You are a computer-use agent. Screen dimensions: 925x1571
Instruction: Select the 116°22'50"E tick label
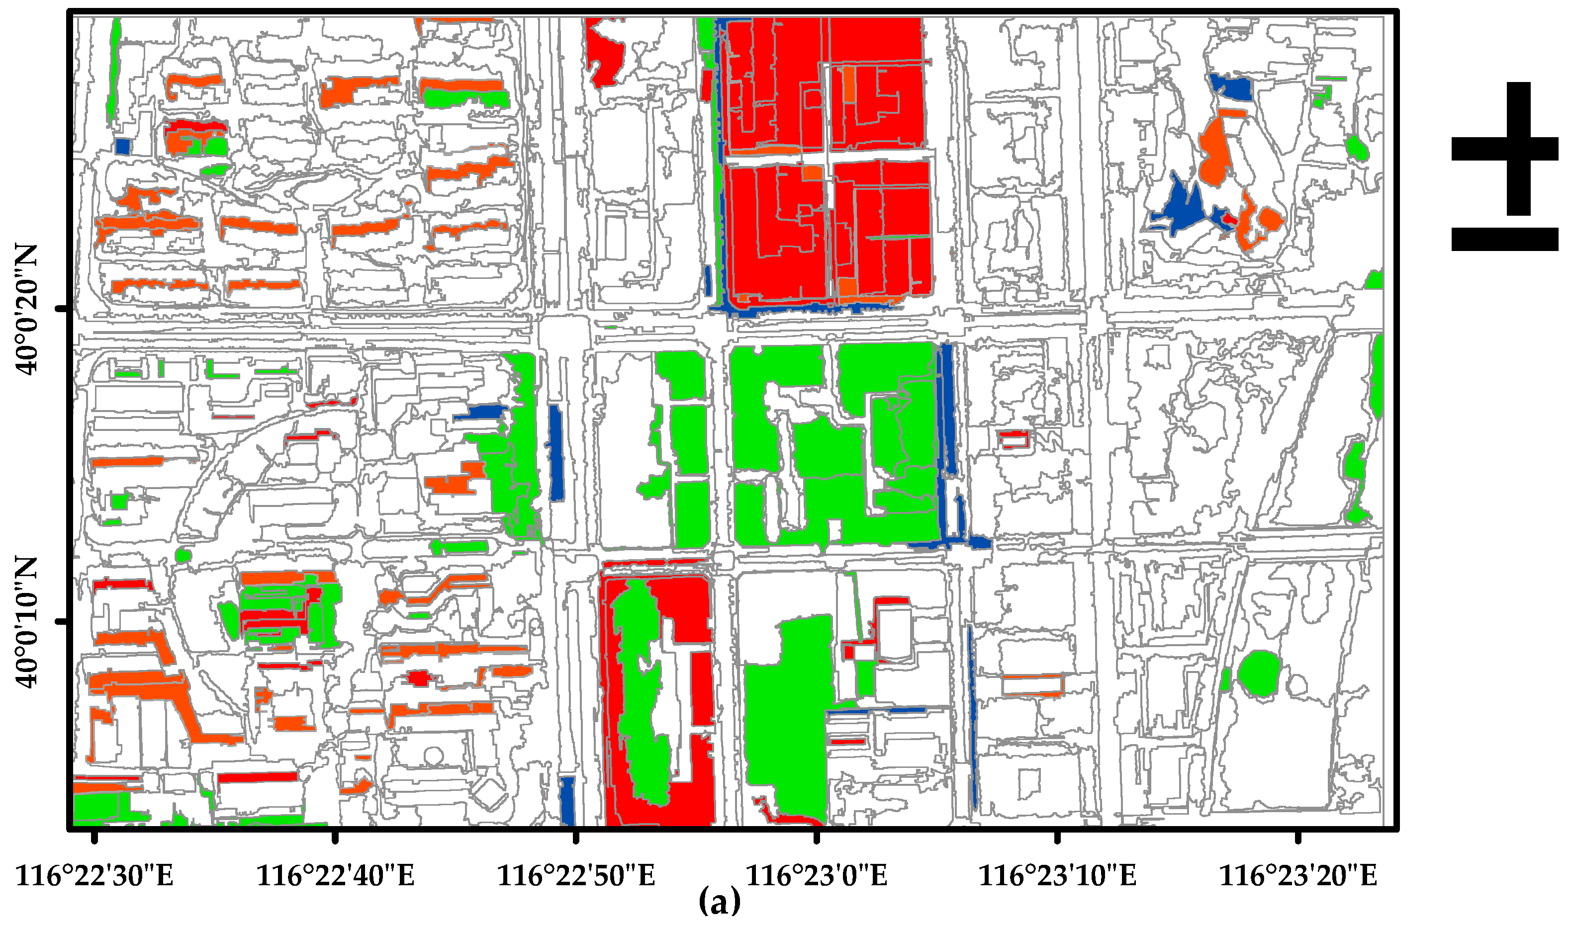(x=576, y=876)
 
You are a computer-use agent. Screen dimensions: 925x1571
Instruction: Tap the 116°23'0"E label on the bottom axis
(x=817, y=876)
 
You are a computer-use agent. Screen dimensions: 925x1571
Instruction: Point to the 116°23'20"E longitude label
(x=1298, y=876)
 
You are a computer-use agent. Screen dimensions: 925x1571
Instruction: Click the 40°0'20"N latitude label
(x=26, y=309)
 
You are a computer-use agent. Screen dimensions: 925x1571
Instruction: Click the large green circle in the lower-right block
(x=1259, y=673)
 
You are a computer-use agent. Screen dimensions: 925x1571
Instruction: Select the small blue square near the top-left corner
(x=123, y=147)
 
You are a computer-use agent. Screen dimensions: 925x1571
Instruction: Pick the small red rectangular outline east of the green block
(x=1014, y=439)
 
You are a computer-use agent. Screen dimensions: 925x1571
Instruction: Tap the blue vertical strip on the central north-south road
(x=555, y=452)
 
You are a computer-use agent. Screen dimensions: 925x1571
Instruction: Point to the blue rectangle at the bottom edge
(x=567, y=800)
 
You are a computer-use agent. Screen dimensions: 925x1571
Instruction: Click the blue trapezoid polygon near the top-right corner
(x=1231, y=87)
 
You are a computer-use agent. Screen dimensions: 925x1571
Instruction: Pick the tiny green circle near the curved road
(x=184, y=555)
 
